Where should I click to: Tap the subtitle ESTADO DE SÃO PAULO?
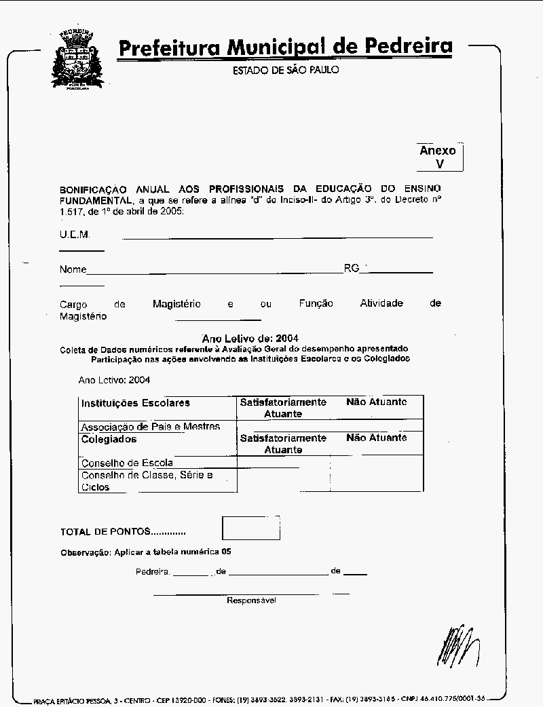coord(286,71)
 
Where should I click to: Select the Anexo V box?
coord(439,157)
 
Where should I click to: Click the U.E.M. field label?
coord(74,235)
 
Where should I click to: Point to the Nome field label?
coord(73,269)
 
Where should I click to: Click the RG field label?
coord(351,269)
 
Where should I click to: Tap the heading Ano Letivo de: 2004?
coord(250,338)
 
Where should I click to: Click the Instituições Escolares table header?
coord(136,403)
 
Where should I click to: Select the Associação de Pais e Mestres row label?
coord(150,427)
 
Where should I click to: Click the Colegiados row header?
coord(109,439)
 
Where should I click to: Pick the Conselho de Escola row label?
coord(127,463)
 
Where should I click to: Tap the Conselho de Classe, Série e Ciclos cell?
coord(147,481)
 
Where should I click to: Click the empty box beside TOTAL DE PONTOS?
coord(250,528)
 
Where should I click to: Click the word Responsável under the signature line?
coord(251,600)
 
